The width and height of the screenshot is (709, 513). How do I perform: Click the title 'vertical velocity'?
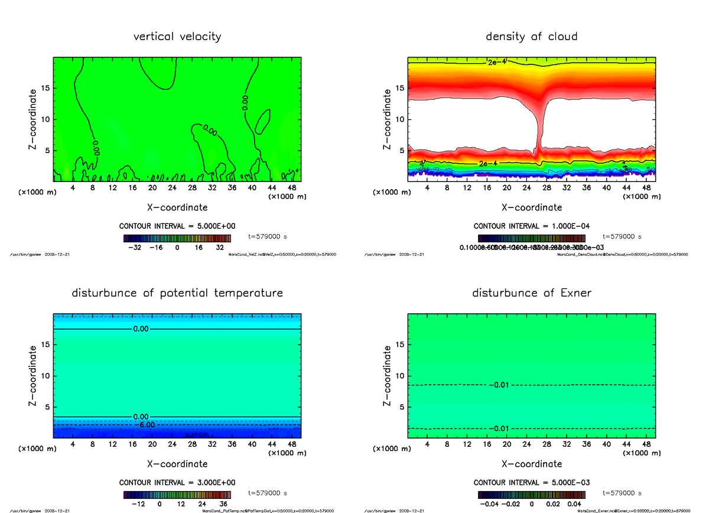pyautogui.click(x=177, y=37)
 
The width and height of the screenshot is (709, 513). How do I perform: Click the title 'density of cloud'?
pyautogui.click(x=531, y=37)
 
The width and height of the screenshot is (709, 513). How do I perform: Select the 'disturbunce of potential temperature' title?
pyautogui.click(x=177, y=293)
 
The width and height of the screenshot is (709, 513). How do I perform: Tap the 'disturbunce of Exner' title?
pyautogui.click(x=531, y=293)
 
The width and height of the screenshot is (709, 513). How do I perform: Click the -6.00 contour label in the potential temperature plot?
pyautogui.click(x=145, y=424)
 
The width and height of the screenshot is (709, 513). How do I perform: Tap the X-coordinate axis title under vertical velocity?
pyautogui.click(x=177, y=207)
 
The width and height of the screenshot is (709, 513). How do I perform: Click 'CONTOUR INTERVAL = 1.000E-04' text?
pyautogui.click(x=531, y=226)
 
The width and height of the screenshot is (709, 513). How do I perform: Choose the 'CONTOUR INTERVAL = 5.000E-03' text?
pyautogui.click(x=531, y=482)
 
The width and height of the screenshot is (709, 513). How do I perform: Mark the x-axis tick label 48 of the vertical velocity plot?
pyautogui.click(x=291, y=188)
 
